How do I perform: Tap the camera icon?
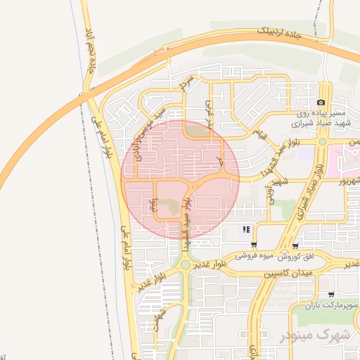(321, 102)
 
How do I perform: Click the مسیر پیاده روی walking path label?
(320, 112)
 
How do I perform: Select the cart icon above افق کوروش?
(296, 246)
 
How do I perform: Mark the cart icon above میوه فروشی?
(254, 245)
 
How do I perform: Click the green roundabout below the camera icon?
(321, 141)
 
